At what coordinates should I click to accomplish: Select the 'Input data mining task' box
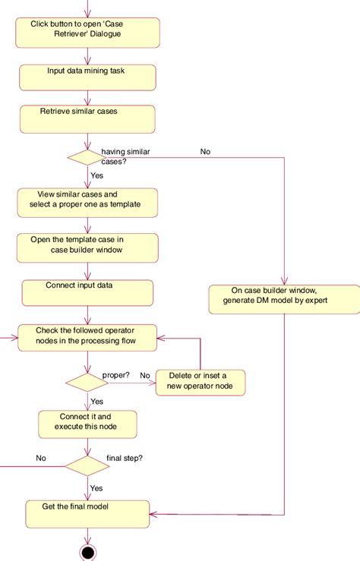(88, 77)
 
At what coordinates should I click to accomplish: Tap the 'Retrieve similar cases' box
(88, 118)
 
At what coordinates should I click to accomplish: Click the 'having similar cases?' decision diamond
(88, 159)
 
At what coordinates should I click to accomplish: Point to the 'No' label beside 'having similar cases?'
(205, 152)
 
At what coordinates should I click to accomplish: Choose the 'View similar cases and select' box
(88, 201)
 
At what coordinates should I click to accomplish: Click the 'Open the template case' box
(88, 247)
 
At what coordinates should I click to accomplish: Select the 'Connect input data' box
(88, 292)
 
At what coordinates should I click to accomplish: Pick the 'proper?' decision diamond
(88, 381)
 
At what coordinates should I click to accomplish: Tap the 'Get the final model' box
(88, 513)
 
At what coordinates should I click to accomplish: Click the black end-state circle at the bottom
(88, 552)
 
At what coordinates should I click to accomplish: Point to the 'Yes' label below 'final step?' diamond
(97, 488)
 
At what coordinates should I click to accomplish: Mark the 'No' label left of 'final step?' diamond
(41, 458)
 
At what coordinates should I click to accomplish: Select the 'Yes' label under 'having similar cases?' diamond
(97, 175)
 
